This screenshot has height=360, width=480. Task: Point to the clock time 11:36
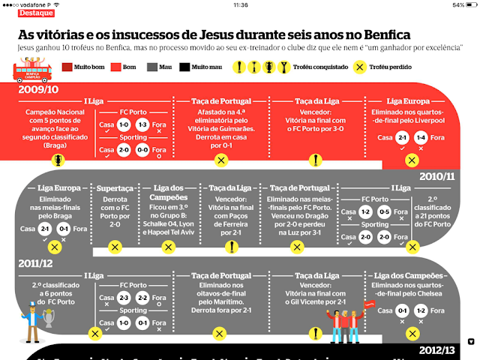pyautogui.click(x=240, y=4)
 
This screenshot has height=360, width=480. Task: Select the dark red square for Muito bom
pyautogui.click(x=67, y=66)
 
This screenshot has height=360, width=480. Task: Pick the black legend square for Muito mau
pyautogui.click(x=184, y=66)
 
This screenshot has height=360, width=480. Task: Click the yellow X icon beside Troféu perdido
pyautogui.click(x=359, y=66)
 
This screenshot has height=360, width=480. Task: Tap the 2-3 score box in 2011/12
pyautogui.click(x=124, y=298)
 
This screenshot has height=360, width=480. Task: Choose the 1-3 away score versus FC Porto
pyautogui.click(x=143, y=124)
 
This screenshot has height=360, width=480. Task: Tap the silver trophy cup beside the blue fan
pyautogui.click(x=50, y=319)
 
